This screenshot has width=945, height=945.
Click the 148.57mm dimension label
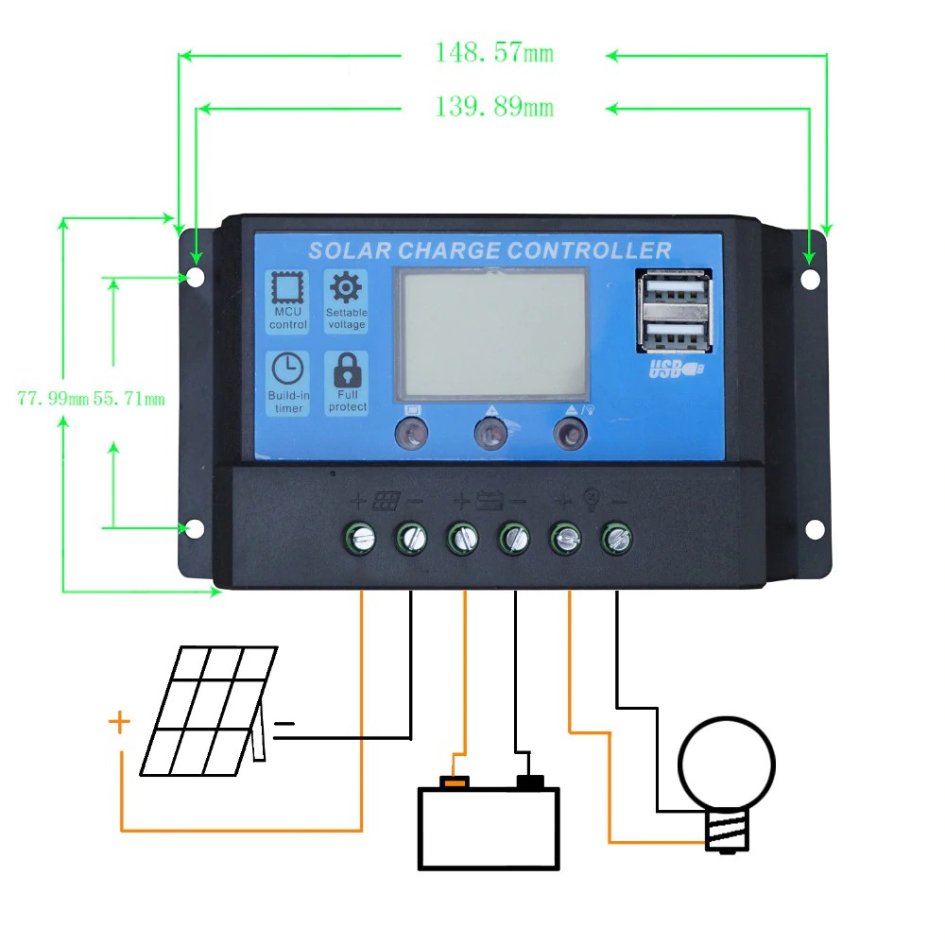point(493,53)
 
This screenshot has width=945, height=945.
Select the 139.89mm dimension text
point(493,108)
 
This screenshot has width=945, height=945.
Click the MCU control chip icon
point(288,288)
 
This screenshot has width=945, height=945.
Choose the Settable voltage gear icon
point(346,286)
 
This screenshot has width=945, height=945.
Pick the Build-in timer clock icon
point(288,369)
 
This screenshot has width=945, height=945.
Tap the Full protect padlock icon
point(347,369)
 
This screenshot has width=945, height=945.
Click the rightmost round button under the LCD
point(569,434)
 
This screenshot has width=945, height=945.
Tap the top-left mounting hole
point(195,278)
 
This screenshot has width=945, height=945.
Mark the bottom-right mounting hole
point(811,529)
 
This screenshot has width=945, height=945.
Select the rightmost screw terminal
point(617,539)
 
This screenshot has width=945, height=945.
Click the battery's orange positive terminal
point(455,782)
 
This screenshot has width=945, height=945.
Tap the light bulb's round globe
point(727,761)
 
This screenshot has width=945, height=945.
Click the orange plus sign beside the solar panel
point(119,723)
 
